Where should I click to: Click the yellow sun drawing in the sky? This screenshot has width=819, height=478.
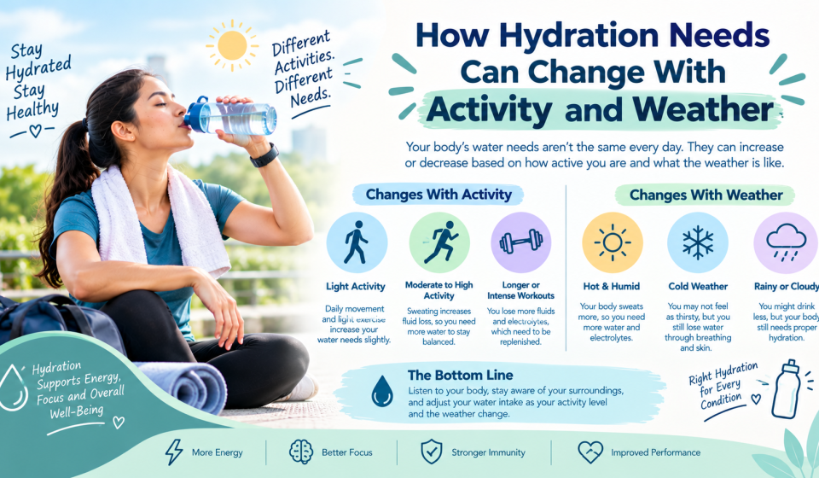[232, 45]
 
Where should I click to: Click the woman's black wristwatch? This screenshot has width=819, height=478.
[264, 155]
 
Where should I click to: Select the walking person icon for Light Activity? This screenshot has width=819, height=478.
[356, 242]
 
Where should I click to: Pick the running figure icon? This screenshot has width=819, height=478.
[440, 242]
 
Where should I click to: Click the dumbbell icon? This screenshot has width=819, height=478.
[520, 242]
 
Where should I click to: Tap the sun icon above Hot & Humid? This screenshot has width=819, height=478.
[613, 242]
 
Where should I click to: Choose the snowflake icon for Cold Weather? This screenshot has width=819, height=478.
[698, 242]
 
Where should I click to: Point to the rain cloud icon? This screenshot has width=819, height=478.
[786, 242]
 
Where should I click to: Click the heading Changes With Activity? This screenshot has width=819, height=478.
[439, 195]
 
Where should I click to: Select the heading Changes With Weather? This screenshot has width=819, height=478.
[706, 195]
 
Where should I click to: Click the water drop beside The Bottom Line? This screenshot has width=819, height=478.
[382, 391]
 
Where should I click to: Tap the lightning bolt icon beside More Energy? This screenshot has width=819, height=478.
[174, 452]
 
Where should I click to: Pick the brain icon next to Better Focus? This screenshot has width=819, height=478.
[301, 452]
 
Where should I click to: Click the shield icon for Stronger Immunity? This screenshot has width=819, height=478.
[432, 452]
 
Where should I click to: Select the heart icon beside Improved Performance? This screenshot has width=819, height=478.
[590, 452]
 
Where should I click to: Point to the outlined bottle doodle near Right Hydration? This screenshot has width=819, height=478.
[786, 388]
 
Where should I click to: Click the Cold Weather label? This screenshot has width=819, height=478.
[698, 286]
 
